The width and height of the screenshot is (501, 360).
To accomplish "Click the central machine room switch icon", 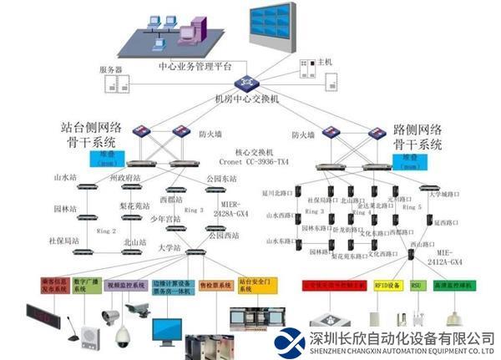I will tap(246, 83).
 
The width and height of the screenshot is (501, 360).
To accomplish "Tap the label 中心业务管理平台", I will tap(195, 65).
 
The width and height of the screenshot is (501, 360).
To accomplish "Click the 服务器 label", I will tap(111, 70).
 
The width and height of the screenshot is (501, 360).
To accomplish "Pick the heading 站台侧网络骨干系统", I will tap(92, 136).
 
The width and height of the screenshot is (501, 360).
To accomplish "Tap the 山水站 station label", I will tap(65, 177).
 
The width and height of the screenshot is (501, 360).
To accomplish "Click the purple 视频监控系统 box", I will tap(126, 285).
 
